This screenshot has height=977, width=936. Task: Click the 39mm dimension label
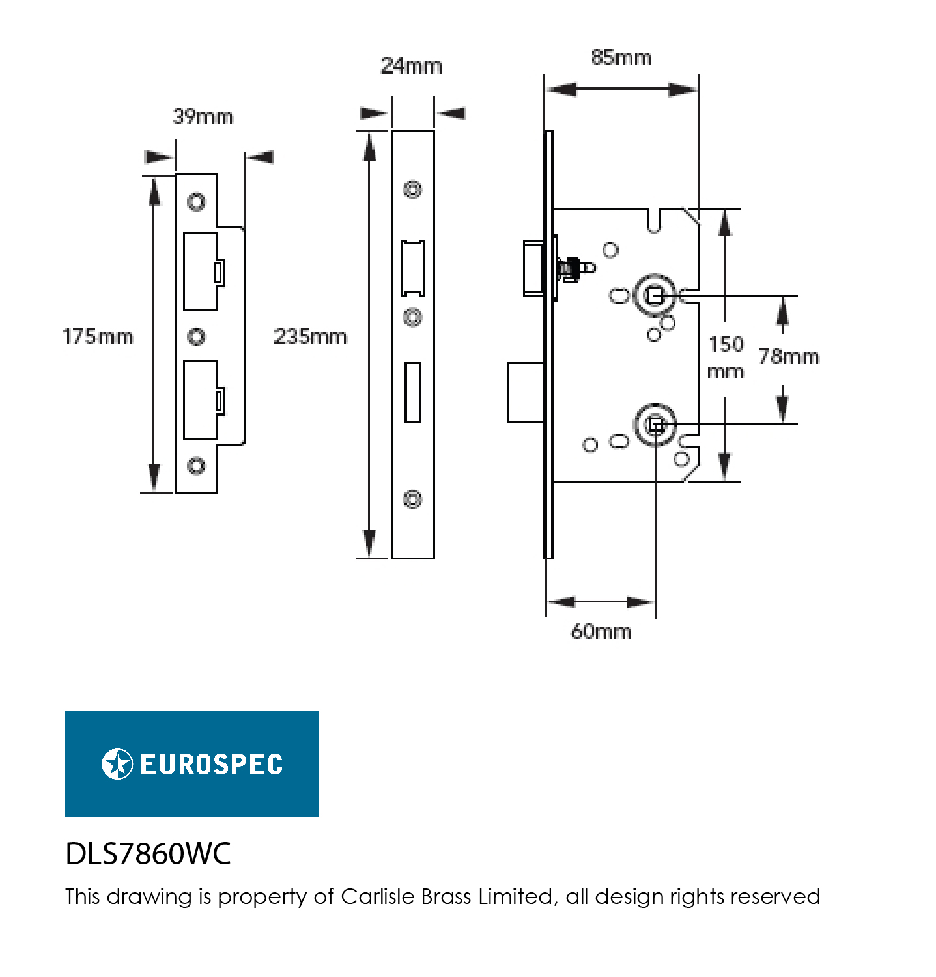pos(203,117)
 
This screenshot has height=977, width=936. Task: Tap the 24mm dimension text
pos(411,66)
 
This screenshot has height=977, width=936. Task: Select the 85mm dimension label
pos(621,57)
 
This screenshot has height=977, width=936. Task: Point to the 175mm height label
pos(98,336)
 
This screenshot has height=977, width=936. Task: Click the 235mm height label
pos(310,336)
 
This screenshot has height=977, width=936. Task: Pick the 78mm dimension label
pos(789,356)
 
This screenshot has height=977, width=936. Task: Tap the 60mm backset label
pos(601,631)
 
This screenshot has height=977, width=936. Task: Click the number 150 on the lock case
pos(726,344)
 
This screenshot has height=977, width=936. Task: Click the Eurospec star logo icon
pos(117,764)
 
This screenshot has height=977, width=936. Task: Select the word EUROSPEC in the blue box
pos(212,765)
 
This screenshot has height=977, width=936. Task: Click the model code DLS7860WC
pos(149,853)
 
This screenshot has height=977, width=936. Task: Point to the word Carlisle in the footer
pos(378,896)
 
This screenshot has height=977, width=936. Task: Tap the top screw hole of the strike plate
pos(196,201)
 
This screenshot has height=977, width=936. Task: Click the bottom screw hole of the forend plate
pos(412,500)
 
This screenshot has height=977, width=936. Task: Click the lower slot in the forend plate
pos(412,393)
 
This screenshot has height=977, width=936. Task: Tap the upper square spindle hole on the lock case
pos(655,296)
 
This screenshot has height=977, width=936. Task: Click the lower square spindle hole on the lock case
pos(656,425)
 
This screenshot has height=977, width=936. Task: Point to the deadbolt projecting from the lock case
pos(526,393)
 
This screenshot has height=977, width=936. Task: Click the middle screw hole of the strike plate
pos(196,336)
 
